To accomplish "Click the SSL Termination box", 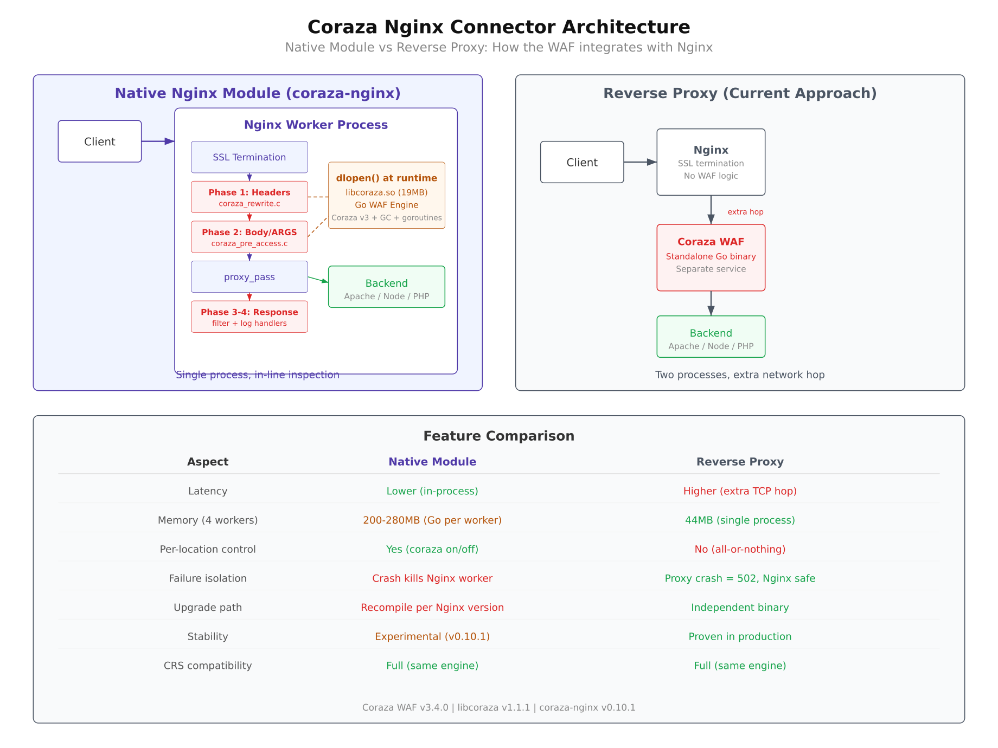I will point(249,157).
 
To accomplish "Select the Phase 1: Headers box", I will point(249,197).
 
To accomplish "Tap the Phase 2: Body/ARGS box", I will point(249,237).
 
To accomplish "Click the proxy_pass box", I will point(249,277).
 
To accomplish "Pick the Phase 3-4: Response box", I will point(249,317).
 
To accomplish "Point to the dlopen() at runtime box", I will point(386,195).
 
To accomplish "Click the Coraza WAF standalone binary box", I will point(711,257).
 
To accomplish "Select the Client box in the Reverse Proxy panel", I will point(581,162).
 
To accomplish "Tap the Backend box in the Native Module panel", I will point(386,287).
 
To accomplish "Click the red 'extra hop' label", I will point(745,212).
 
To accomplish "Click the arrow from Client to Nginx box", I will point(640,162).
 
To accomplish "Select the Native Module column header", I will point(432,462).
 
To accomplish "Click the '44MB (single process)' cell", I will point(739,520).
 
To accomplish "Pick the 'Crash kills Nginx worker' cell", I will point(432,578).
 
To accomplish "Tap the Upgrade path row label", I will point(208,608).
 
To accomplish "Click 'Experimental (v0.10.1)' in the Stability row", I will point(432,636).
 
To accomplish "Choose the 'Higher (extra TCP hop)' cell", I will point(739,491).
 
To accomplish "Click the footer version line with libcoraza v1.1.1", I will point(498,707).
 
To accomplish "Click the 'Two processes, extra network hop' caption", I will point(739,375).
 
